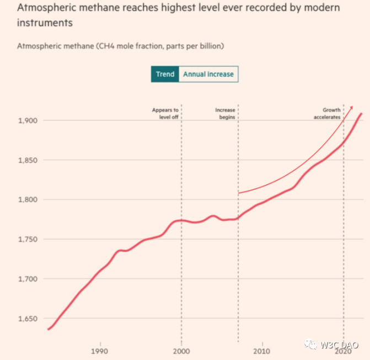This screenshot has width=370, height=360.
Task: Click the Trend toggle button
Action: pos(165,74)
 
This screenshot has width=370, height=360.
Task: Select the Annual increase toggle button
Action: pos(208,74)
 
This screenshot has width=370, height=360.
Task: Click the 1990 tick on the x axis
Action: pos(100,351)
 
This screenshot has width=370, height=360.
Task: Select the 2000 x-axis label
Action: pos(181,351)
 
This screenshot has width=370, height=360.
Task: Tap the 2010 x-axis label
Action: pos(262,351)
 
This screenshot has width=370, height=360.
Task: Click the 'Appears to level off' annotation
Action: pos(165,113)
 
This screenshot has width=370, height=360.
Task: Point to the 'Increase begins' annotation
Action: pos(225,113)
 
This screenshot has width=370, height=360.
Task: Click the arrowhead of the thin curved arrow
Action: pos(351,106)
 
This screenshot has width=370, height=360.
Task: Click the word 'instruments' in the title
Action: pos(46,24)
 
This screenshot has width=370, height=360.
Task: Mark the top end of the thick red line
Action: pos(361,114)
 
